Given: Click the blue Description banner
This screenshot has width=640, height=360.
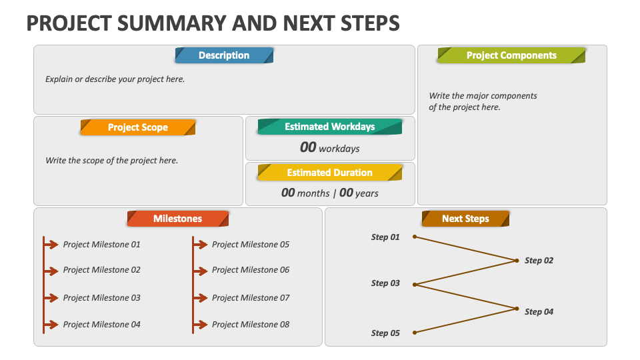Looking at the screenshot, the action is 224,55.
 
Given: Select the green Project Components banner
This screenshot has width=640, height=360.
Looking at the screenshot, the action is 511,55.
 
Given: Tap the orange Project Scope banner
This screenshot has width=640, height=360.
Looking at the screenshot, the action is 138,127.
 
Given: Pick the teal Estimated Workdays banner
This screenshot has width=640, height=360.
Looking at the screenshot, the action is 330,127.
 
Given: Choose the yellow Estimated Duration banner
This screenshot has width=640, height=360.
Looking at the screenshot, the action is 330,172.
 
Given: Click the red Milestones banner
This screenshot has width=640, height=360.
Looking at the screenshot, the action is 178,219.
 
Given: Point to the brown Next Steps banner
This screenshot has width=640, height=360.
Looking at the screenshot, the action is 466,219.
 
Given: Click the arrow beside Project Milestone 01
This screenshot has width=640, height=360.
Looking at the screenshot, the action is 51,245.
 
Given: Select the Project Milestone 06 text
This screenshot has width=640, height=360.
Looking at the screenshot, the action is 251,270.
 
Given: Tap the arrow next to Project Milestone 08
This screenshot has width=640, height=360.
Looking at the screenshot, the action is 201,325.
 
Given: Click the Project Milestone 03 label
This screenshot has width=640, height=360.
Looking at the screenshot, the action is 101,298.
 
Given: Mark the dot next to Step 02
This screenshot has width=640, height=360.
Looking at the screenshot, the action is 517,261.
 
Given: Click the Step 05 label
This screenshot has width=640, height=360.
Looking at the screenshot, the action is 385,333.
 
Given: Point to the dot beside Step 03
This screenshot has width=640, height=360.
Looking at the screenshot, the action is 414,285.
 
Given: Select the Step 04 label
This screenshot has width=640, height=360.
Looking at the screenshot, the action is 539,312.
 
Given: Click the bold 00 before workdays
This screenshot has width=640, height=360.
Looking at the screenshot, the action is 308,147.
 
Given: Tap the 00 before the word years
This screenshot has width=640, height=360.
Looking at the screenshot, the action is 346,193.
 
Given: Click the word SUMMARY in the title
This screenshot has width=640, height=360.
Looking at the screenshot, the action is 171,23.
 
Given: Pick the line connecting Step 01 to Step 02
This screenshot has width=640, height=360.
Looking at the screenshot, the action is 465,249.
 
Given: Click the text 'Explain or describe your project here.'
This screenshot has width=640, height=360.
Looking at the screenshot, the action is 115,79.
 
